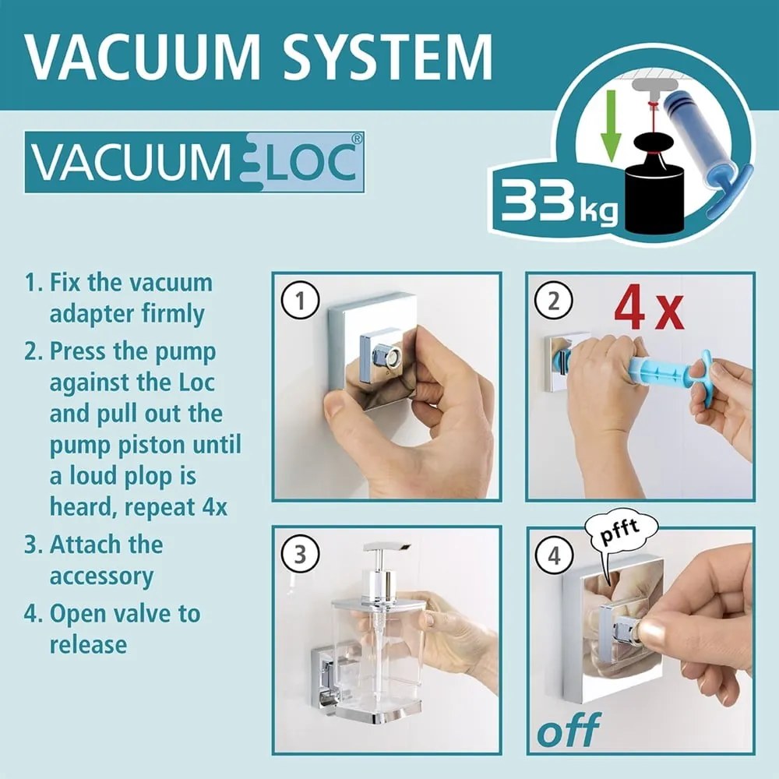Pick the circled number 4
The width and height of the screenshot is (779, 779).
click(554, 556)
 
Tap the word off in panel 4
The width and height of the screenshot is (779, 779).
click(568, 730)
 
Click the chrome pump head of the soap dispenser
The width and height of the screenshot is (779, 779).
click(382, 569)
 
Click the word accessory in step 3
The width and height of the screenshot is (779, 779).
click(101, 576)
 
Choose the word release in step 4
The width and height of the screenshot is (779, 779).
click(88, 644)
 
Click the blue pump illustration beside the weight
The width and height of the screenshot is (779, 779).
click(705, 148)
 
